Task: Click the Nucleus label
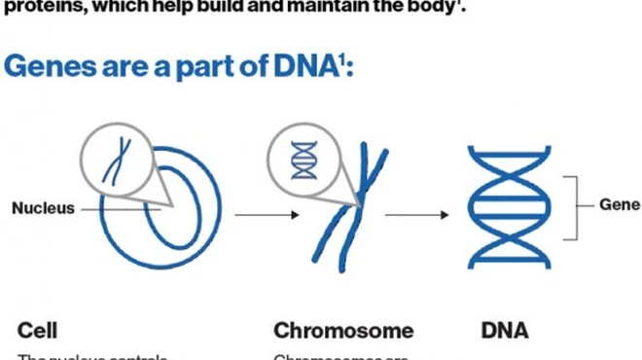pyautogui.click(x=43, y=207)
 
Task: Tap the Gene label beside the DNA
pyautogui.click(x=619, y=204)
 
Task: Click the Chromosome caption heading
pyautogui.click(x=342, y=330)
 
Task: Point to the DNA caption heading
pyautogui.click(x=505, y=330)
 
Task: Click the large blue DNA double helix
pyautogui.click(x=503, y=206)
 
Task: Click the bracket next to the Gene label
pyautogui.click(x=576, y=204)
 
